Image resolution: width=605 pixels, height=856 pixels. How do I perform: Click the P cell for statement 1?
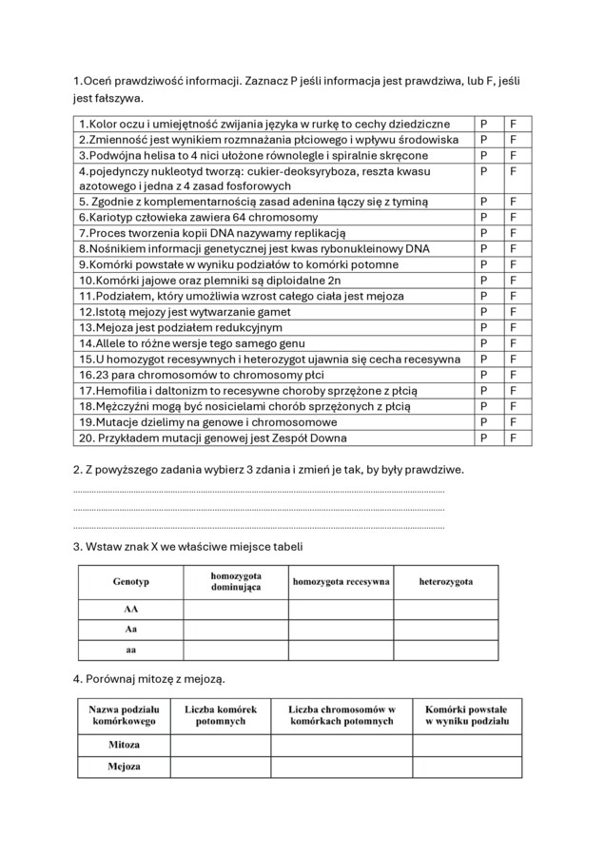pos(485,125)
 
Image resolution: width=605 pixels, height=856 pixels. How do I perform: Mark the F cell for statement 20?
pos(514,438)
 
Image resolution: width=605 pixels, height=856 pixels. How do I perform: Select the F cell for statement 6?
pos(514,218)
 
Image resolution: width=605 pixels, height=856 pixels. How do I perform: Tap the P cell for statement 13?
pos(485,327)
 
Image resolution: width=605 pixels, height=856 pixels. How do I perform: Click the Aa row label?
pos(130,630)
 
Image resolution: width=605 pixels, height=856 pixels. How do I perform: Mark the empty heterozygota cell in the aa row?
pos(445,651)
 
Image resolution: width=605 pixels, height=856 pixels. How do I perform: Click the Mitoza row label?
pos(124,745)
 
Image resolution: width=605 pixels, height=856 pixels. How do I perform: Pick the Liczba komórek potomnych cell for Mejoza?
pos(221,767)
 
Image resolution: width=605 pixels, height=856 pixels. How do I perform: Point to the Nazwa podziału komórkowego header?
pos(124,715)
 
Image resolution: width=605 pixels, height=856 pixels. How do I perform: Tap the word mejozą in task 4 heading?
pos(203,679)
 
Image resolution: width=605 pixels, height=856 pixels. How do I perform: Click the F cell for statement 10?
pos(514,281)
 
